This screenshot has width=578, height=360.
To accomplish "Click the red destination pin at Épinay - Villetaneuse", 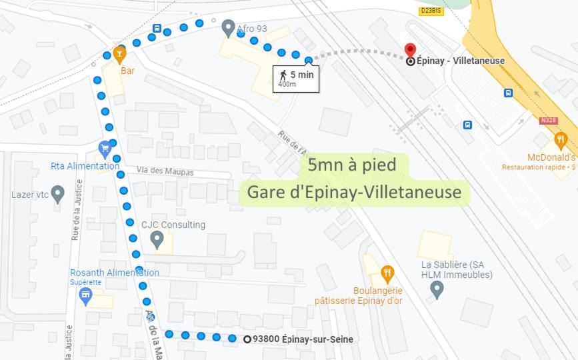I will (411, 51).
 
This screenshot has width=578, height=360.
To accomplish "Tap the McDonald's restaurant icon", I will (561, 141).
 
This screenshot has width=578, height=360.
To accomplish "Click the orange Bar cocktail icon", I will (119, 53).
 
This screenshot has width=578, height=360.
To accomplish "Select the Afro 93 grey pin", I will (229, 27).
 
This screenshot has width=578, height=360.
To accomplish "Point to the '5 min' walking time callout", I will (296, 78).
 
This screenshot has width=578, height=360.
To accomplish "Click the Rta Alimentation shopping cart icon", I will (104, 147).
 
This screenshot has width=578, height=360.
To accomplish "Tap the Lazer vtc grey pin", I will (58, 195).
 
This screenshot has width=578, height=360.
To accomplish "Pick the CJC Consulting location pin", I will (157, 239).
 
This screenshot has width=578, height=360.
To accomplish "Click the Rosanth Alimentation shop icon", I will (85, 295).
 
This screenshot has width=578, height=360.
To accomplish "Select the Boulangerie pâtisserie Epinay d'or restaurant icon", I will (387, 273).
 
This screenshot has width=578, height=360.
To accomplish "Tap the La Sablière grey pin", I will (437, 289).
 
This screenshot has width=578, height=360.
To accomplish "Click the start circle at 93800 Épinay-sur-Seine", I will (247, 339).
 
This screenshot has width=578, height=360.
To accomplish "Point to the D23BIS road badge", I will (431, 11).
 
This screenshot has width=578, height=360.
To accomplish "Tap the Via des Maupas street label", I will (165, 172).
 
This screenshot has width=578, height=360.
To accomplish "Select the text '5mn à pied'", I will (352, 165).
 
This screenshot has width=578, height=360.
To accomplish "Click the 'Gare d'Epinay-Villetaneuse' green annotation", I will (354, 192).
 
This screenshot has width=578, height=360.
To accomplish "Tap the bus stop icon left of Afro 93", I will (157, 29).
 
